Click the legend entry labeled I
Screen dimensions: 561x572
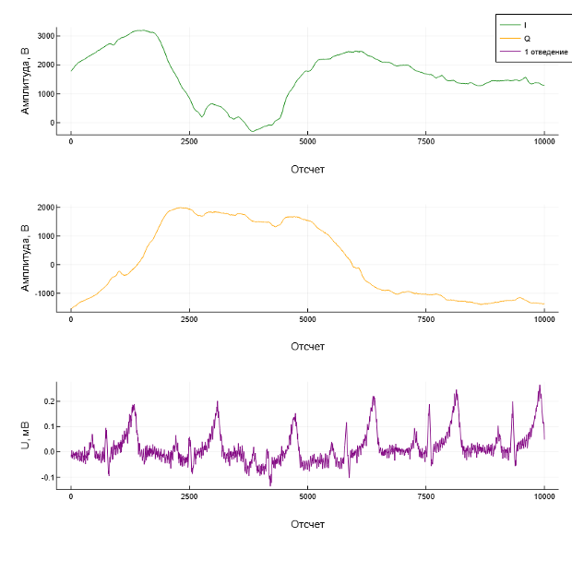(x=526, y=23)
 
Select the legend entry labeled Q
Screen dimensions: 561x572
(x=526, y=38)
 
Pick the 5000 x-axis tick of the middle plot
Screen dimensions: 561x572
(x=308, y=320)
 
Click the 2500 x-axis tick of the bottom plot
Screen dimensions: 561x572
(x=189, y=497)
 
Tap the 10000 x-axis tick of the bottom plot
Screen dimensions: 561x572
(x=544, y=497)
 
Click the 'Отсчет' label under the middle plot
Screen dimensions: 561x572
(x=307, y=347)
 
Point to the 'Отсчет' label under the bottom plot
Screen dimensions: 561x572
(x=307, y=524)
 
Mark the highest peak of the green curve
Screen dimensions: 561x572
(x=140, y=30)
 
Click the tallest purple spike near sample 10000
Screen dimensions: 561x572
(x=540, y=386)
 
